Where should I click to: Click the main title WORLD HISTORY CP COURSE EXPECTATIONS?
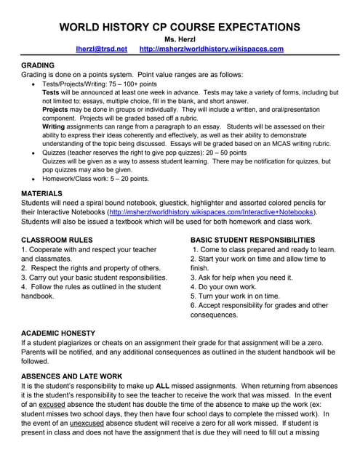click(179, 27)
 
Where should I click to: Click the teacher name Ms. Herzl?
click(179, 39)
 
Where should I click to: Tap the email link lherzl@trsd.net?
click(101, 49)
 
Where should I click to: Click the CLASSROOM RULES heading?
click(57, 239)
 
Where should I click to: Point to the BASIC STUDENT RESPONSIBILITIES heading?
click(252, 239)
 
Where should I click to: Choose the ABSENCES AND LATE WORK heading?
click(71, 376)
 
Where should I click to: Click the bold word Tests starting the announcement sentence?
click(51, 93)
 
